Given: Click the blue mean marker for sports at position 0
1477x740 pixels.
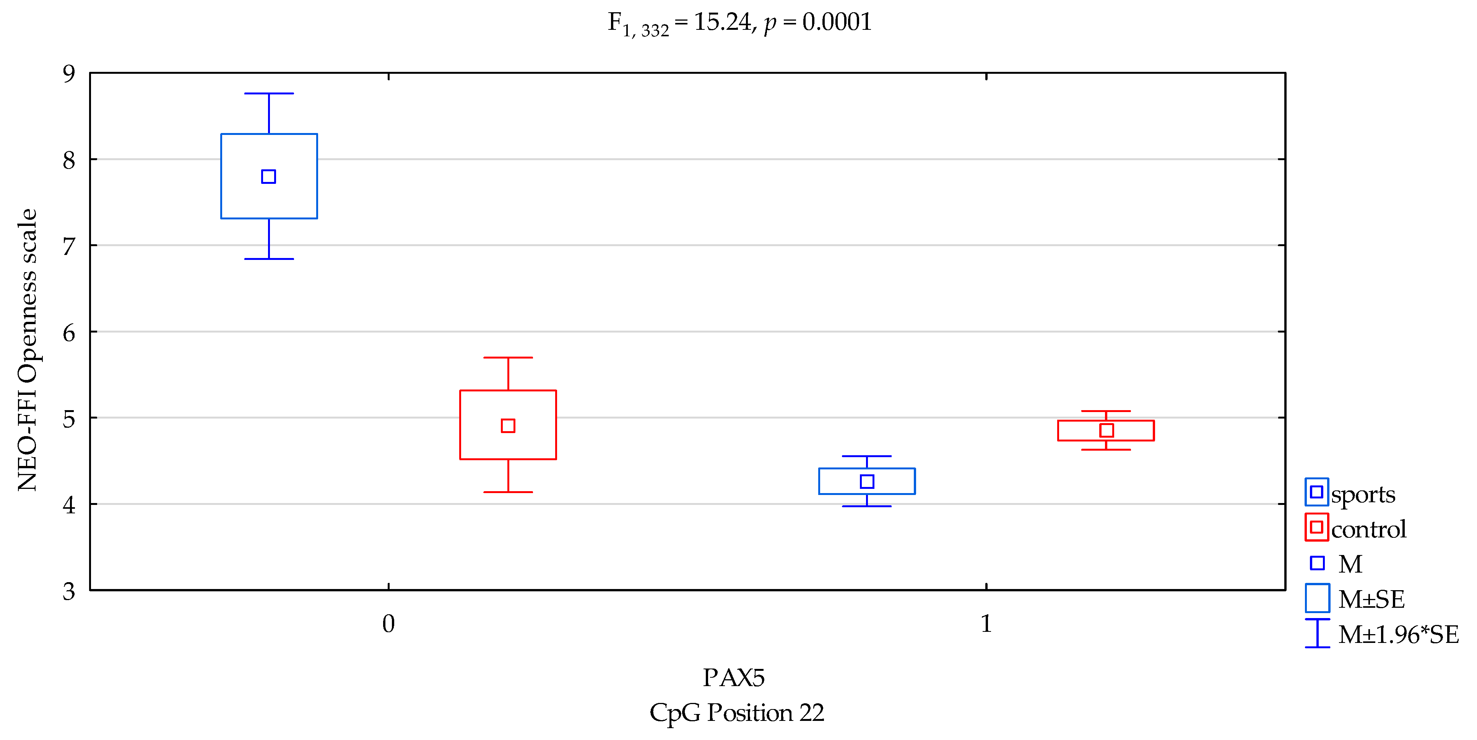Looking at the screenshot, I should (x=268, y=177).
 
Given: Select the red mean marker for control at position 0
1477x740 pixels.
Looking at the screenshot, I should (x=508, y=425).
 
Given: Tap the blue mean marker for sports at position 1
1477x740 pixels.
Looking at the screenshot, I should (x=867, y=482).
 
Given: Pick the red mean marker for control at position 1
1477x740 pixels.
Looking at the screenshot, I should (x=1107, y=430).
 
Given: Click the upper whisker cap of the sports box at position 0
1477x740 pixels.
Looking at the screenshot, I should (x=269, y=93).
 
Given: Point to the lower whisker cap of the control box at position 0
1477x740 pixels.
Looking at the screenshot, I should (x=508, y=492).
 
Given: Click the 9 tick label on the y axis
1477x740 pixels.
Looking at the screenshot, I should (x=69, y=73).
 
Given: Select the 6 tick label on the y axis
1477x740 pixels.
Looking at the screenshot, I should (x=69, y=333).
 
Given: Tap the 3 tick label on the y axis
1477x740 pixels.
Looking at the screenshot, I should (x=69, y=591).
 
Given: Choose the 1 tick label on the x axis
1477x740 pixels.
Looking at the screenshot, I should (x=986, y=624).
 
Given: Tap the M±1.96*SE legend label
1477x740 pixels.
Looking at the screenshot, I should (x=1398, y=634).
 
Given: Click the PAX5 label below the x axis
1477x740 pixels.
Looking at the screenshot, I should (x=734, y=678).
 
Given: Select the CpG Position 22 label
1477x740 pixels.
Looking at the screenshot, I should (x=737, y=712).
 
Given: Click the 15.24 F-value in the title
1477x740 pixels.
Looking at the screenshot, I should (x=723, y=22).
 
